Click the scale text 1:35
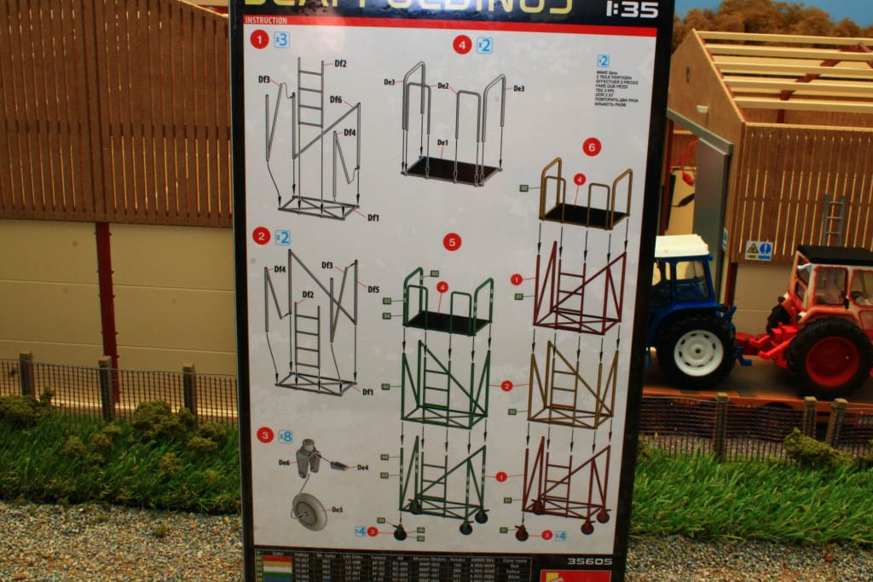pos(631,9)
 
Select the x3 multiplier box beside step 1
pos(281,39)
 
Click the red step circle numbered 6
pos(592,147)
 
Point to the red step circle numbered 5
pos(452,242)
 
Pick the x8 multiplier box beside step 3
pos(286,436)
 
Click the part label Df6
pos(336,100)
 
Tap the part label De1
pos(442,142)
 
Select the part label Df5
pos(373,289)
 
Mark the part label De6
pos(284,462)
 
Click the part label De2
pos(443,86)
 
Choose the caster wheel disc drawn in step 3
pos(309,511)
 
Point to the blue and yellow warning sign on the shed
pos(758,251)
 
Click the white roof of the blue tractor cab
pos(681,245)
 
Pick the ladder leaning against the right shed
pos(833,220)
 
